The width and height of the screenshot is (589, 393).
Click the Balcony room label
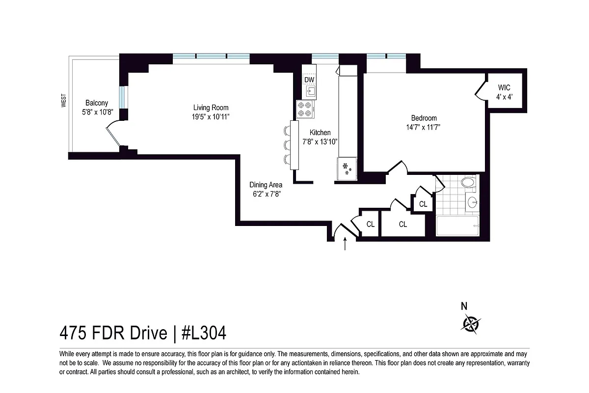click(97, 103)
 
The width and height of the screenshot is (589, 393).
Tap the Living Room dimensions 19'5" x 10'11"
click(211, 116)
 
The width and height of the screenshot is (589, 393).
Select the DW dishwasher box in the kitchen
click(309, 80)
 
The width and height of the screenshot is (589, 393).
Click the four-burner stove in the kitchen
click(304, 109)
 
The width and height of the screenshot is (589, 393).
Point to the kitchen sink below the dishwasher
click(310, 91)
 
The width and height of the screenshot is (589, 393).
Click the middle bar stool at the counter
click(287, 144)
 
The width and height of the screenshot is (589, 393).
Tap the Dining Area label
click(266, 185)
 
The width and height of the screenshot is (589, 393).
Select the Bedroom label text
click(424, 118)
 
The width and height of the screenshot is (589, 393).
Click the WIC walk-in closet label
click(504, 88)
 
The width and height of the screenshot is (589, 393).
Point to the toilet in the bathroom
click(468, 183)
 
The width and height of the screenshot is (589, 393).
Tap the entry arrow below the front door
click(345, 244)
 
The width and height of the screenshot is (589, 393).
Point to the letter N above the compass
click(464, 306)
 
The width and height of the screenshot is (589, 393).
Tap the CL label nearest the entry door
click(371, 225)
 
